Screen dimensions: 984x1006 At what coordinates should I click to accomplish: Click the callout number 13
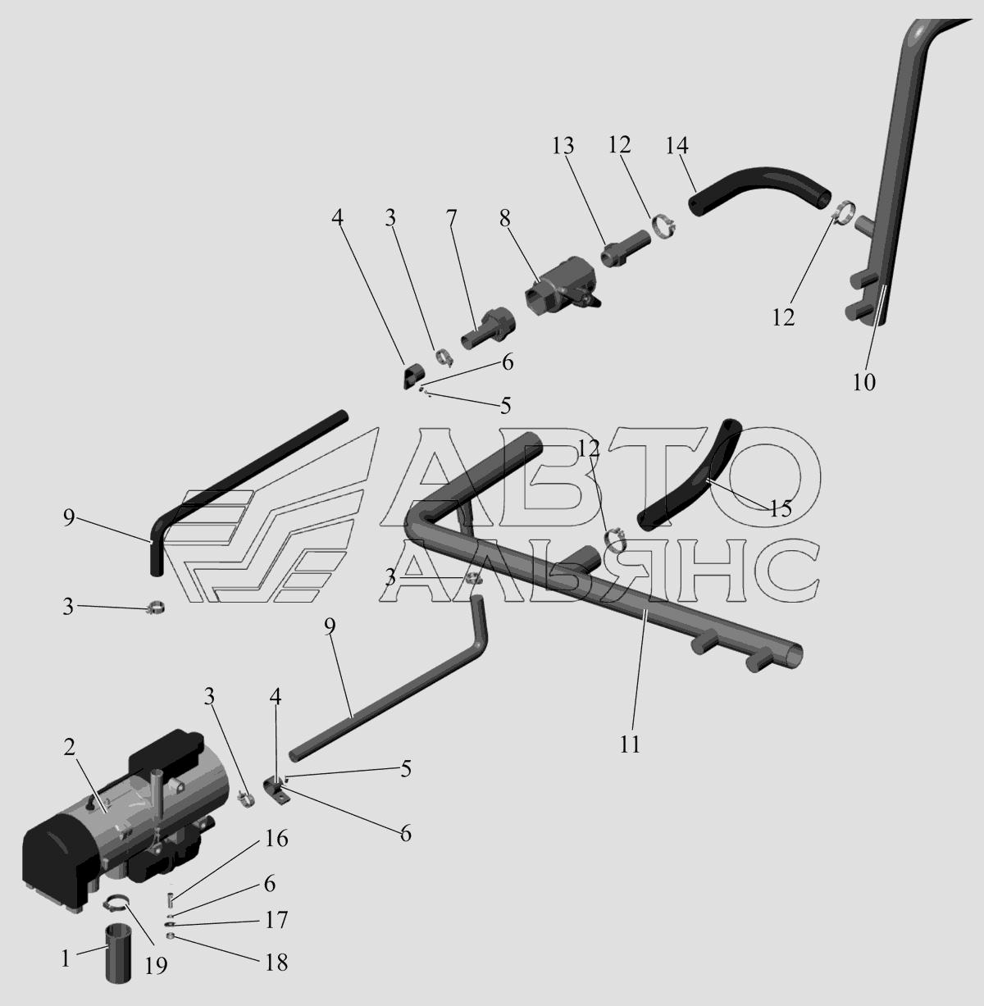pos(563,146)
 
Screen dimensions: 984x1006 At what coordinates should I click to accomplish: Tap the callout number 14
pos(676,146)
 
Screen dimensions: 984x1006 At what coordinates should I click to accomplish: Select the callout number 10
pos(864,383)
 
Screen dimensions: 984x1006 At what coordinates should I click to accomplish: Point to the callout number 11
pos(630,744)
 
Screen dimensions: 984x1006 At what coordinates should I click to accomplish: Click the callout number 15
pos(781,509)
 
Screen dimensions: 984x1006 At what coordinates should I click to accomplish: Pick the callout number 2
pos(69,747)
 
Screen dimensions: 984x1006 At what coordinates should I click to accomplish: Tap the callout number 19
pos(156,965)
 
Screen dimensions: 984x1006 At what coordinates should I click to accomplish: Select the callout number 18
pos(276,963)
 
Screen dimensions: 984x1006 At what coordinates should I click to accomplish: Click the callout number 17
pos(276,920)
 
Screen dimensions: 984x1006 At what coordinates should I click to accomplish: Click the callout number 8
pos(504,219)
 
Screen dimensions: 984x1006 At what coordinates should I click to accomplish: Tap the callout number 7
pos(451,219)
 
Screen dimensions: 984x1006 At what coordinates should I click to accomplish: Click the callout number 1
pos(65,959)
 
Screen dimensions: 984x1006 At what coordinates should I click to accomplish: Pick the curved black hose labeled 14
pos(760,182)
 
